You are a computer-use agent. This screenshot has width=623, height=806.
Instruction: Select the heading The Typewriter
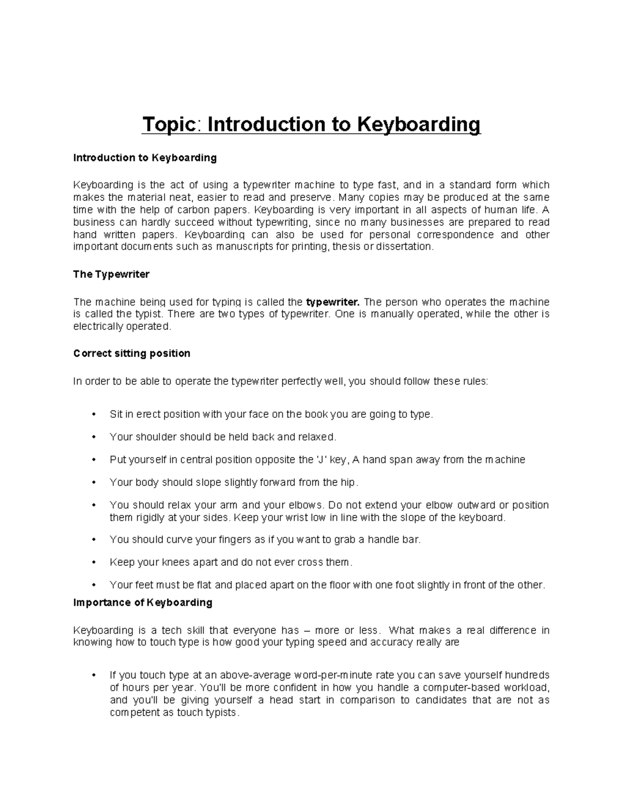tap(111, 275)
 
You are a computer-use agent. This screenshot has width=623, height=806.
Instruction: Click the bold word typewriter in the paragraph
tap(333, 302)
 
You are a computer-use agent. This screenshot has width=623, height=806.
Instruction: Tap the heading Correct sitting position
tap(132, 353)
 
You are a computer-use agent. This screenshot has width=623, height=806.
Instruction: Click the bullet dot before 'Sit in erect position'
tap(94, 414)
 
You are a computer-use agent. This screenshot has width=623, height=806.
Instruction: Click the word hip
tap(348, 483)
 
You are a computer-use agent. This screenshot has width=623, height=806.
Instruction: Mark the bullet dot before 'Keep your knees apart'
tap(94, 562)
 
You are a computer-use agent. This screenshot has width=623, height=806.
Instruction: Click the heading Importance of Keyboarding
tap(143, 603)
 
